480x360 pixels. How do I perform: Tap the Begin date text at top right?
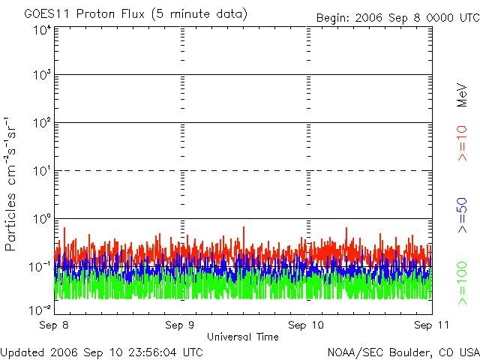(397, 16)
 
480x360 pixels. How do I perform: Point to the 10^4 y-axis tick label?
(41, 30)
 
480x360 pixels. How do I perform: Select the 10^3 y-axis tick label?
(41, 76)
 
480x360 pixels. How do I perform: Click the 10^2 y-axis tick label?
(41, 124)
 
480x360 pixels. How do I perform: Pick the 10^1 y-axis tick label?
(41, 172)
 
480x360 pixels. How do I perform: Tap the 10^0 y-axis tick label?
(41, 220)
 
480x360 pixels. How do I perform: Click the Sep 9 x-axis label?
(181, 325)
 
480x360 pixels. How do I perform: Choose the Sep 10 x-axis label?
(307, 325)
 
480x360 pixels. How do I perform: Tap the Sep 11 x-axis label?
(430, 325)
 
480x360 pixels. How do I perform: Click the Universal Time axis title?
(243, 337)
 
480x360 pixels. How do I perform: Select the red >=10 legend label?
(462, 142)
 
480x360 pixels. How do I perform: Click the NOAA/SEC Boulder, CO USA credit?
(403, 352)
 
